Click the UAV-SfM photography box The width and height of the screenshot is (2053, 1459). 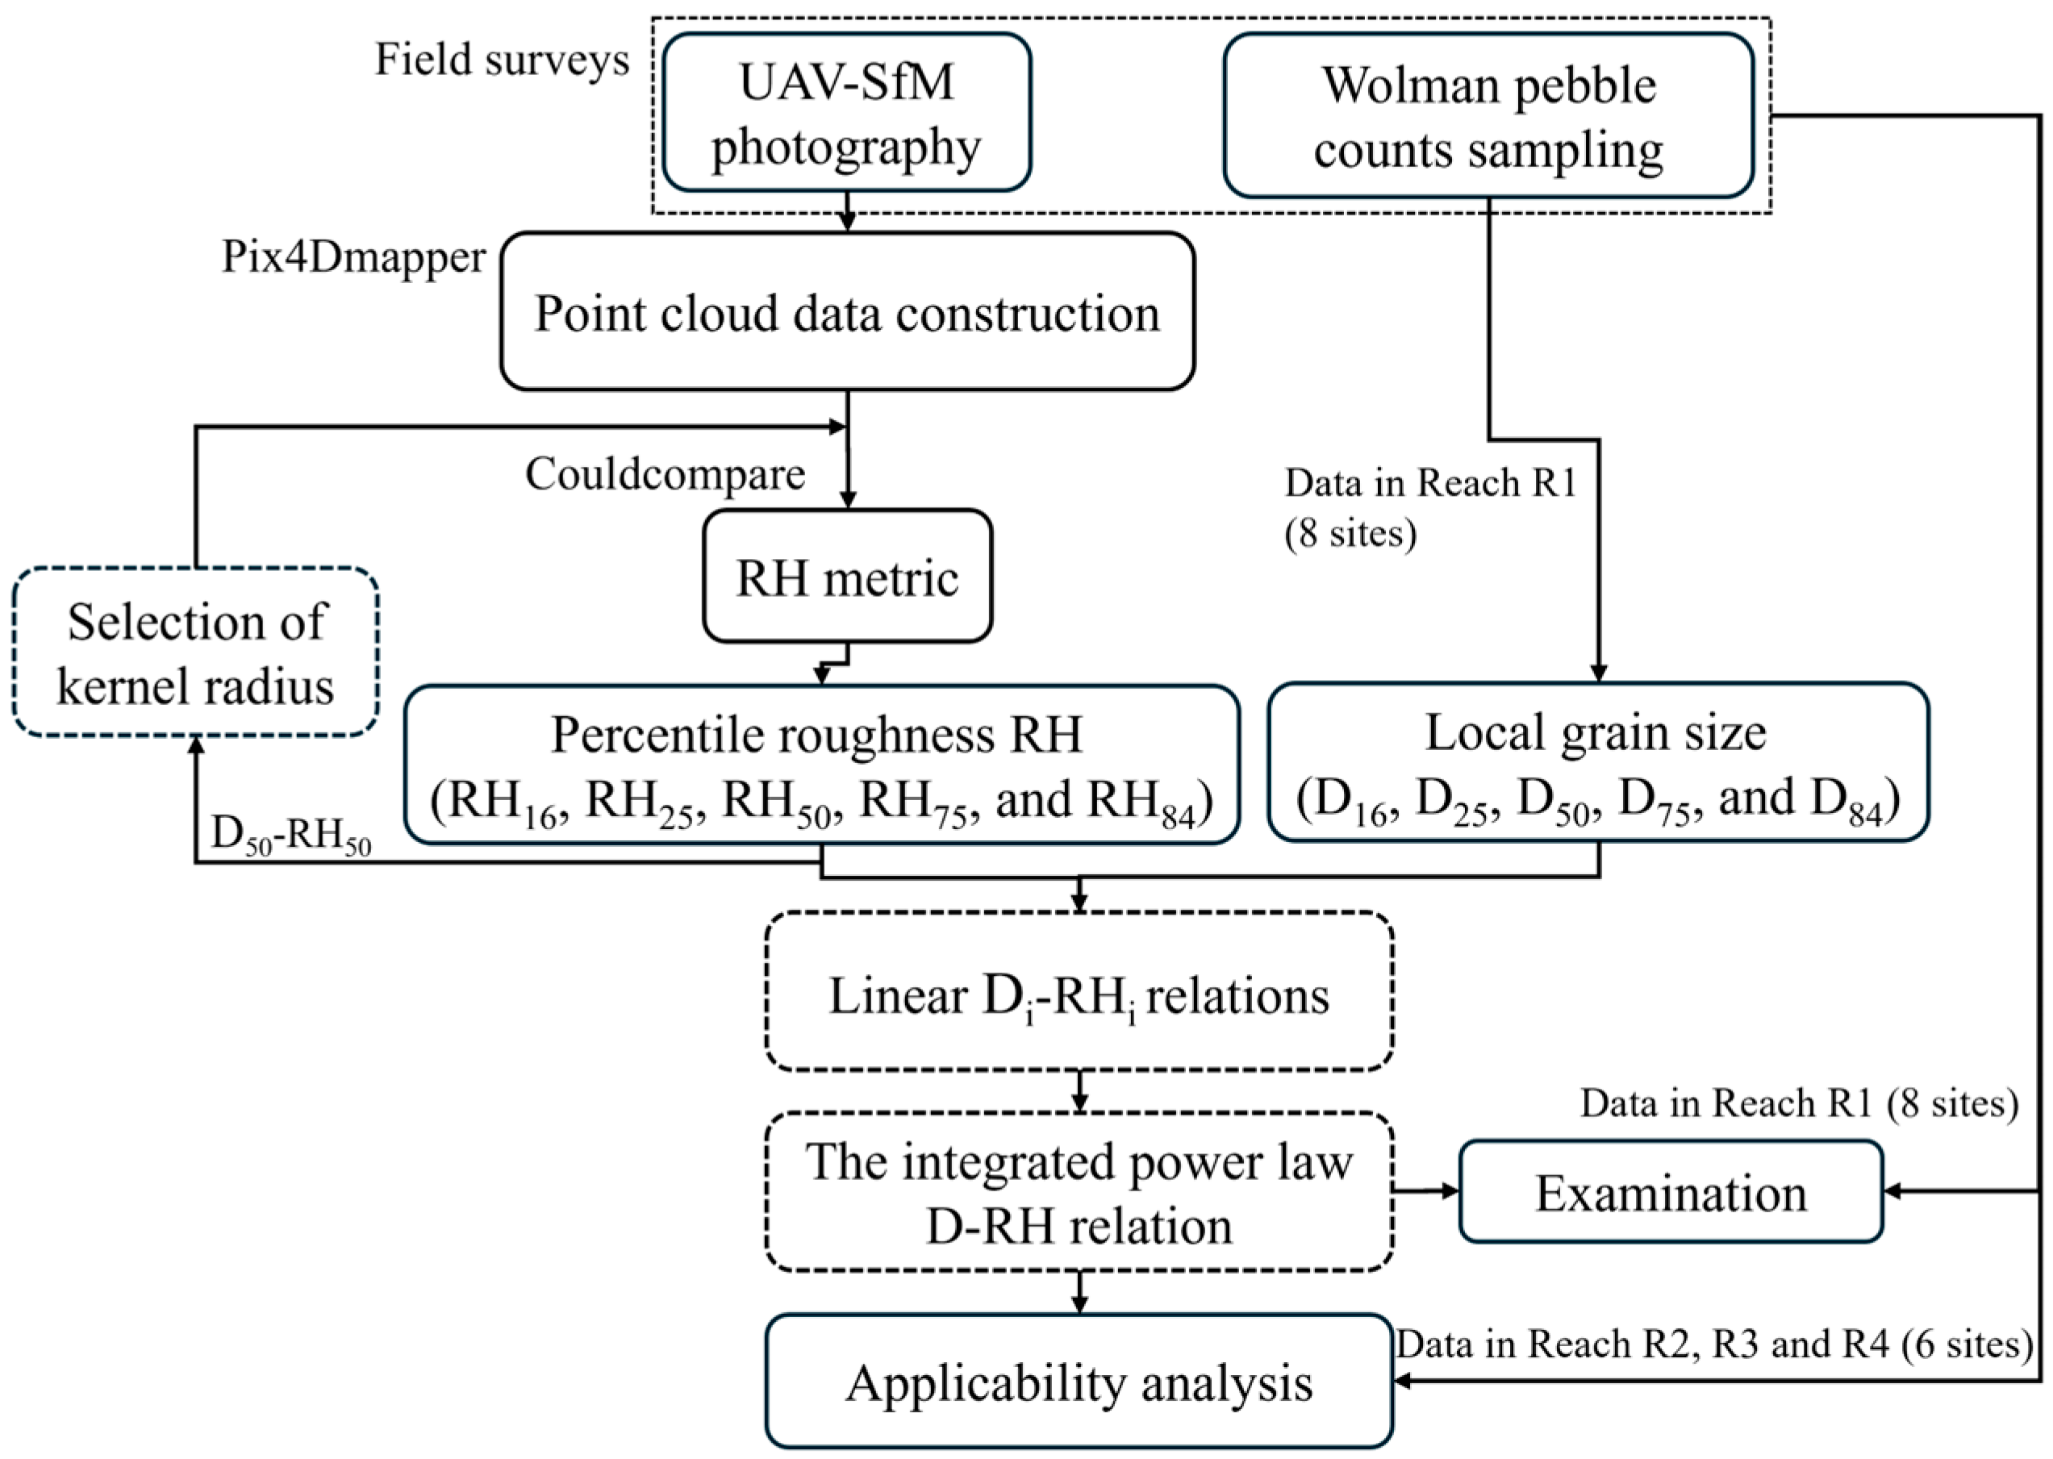[x=846, y=112]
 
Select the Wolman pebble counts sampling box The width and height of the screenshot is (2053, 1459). [x=1488, y=115]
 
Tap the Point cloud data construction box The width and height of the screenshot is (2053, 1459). [x=846, y=312]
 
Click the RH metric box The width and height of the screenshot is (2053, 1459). [x=846, y=576]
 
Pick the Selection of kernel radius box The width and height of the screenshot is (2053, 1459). [x=195, y=652]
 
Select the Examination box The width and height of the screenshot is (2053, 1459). [x=1669, y=1192]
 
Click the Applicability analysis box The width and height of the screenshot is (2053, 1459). [x=1079, y=1382]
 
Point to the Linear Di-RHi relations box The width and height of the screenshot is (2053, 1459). [x=1079, y=994]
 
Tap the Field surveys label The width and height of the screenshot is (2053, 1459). [x=501, y=60]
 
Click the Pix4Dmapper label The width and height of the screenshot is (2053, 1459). [x=353, y=257]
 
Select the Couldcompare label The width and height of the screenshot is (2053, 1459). [x=665, y=473]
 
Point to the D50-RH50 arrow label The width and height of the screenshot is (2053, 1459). [x=291, y=836]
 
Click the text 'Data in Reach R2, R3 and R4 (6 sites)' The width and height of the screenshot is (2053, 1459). [x=1713, y=1344]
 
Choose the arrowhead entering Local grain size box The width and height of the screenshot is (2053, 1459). [x=1598, y=673]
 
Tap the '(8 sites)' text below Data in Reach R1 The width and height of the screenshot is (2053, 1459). [x=1350, y=534]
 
